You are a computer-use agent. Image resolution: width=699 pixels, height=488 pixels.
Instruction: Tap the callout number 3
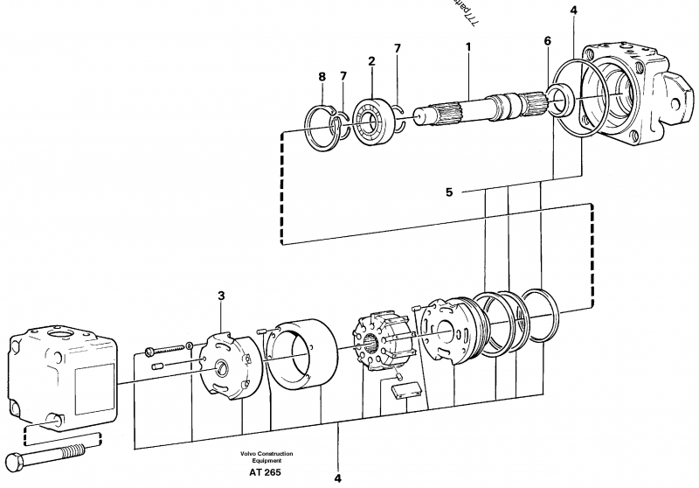point(221,297)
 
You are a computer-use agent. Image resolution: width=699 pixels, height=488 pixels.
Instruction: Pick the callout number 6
point(547,41)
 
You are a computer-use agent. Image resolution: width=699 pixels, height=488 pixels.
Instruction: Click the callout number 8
point(322,77)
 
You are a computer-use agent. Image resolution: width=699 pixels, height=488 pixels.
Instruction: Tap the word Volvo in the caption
point(246,453)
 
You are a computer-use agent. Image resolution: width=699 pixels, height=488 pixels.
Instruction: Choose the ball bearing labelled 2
point(373,113)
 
